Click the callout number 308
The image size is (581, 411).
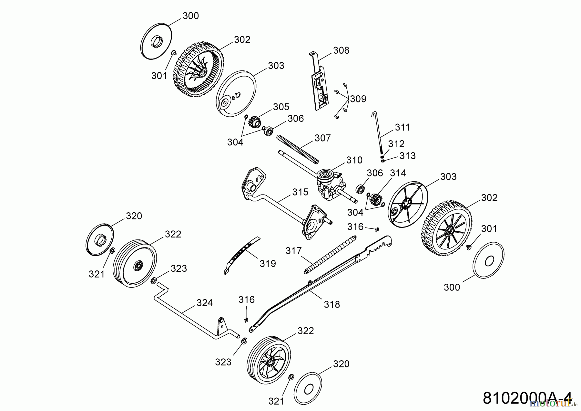341,50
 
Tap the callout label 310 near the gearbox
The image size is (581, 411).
354,160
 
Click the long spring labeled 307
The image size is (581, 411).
297,149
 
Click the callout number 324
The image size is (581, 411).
205,303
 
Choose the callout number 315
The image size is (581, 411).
300,192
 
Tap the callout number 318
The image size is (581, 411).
332,304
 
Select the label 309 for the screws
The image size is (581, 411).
358,99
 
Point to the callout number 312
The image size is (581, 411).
396,144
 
